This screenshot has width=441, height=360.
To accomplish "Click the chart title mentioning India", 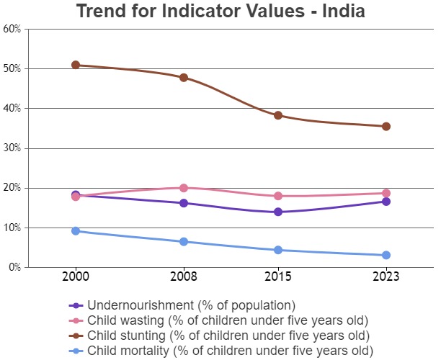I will (220, 12).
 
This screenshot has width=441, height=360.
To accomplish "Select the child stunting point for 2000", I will (75, 65).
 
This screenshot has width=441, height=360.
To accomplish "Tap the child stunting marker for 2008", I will (184, 77).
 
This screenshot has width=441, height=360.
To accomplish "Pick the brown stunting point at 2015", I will (277, 115).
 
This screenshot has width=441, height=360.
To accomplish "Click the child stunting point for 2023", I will (386, 126).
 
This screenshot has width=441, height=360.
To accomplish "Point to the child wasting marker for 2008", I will (184, 188).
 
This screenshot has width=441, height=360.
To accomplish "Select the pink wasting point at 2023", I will (386, 193).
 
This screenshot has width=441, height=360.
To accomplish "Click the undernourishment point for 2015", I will (277, 212).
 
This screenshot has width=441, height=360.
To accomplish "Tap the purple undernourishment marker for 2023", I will (386, 202).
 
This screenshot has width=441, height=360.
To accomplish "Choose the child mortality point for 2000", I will (75, 230).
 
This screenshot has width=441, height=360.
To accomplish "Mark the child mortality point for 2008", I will (184, 241).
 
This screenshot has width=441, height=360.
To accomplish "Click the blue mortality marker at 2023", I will (386, 255).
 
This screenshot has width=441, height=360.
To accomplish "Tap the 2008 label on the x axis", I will (184, 276).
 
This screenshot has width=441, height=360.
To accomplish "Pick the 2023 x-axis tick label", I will (386, 276).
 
